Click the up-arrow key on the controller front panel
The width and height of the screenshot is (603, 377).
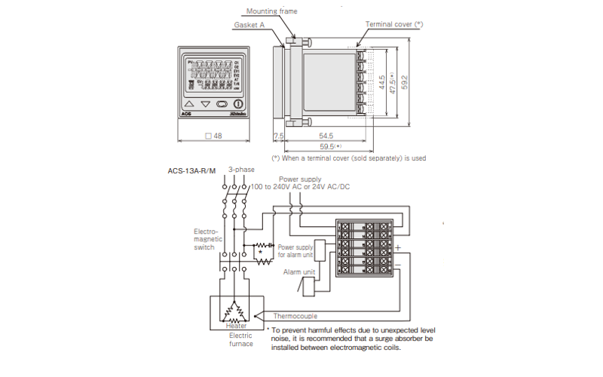point(189,104)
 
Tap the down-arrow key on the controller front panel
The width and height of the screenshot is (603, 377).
point(205,104)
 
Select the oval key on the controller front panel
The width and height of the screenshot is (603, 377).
point(222,104)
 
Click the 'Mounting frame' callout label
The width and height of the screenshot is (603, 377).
point(272,11)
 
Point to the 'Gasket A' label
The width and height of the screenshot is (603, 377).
point(249,25)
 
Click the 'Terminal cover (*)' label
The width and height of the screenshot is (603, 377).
point(394,24)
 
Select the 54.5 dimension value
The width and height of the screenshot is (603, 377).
point(326,136)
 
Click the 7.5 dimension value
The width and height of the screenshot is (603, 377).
point(277,136)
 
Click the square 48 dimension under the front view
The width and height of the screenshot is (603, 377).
point(213,136)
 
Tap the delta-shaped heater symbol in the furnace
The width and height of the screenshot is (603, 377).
point(236,309)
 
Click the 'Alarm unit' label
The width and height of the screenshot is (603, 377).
point(298,271)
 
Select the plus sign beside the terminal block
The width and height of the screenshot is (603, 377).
point(397,247)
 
